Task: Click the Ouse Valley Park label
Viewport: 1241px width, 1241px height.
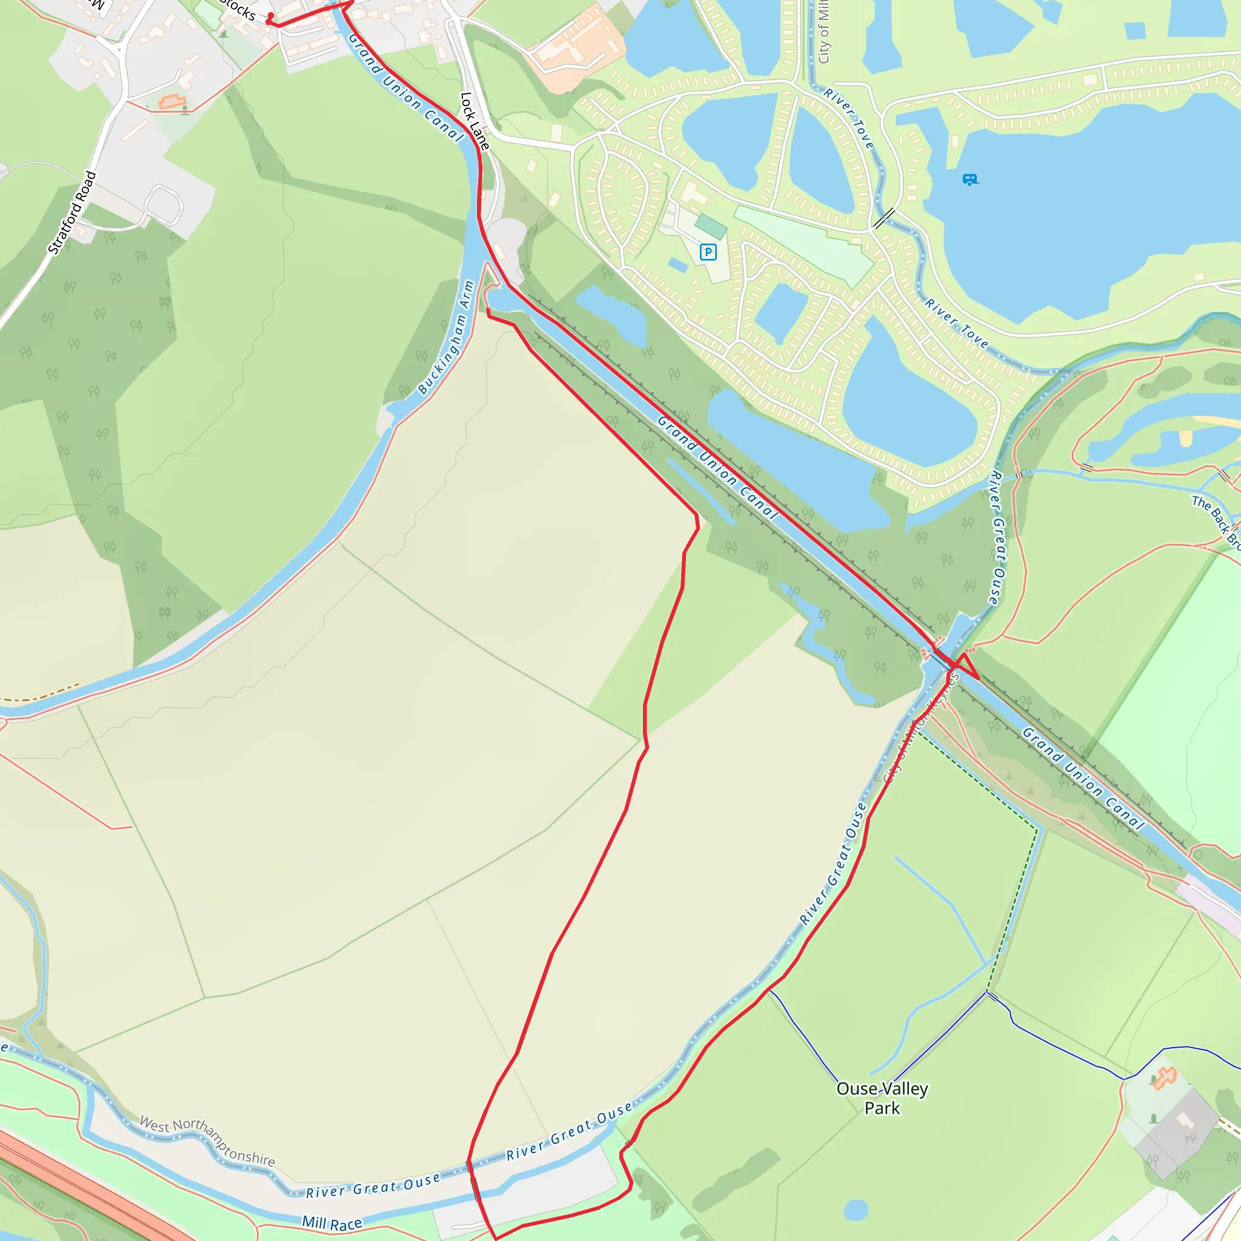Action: coord(882,1098)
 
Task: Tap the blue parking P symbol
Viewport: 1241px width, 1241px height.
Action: coord(708,252)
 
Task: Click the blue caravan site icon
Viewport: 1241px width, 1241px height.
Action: coord(970,179)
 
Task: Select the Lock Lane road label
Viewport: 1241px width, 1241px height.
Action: coord(474,121)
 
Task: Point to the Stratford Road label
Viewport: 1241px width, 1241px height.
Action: coord(72,213)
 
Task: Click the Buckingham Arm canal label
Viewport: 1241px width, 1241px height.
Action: coord(446,338)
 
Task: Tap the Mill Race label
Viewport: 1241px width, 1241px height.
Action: coord(332,1223)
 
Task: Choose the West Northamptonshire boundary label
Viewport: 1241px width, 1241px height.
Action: coord(207,1142)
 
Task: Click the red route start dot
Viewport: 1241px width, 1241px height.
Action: coord(271,15)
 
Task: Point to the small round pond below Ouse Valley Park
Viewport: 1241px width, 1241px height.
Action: coord(856,1210)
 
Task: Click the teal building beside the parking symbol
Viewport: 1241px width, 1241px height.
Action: coord(710,226)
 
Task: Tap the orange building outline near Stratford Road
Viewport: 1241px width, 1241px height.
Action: coord(171,101)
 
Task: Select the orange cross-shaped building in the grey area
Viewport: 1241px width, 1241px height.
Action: coord(1164,1078)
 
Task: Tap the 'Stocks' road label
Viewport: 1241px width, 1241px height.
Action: coord(238,10)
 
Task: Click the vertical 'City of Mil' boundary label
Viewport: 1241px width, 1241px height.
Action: coord(823,32)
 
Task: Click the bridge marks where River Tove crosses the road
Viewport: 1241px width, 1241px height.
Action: coord(884,218)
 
